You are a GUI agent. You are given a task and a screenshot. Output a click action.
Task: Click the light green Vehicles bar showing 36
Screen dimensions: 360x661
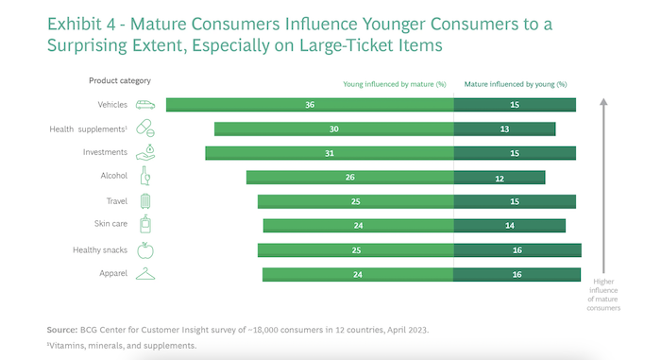[310, 105]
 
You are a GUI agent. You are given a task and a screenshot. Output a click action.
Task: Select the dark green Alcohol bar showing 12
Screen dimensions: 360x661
[500, 177]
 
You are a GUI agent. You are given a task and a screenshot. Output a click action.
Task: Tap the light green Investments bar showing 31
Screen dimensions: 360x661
[330, 152]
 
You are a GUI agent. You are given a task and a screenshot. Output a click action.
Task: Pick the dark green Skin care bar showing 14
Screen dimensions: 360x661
[509, 225]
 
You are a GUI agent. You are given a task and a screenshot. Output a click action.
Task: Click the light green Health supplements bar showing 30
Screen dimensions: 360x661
[333, 129]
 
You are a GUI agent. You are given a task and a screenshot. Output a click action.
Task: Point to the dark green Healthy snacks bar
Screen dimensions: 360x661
[517, 249]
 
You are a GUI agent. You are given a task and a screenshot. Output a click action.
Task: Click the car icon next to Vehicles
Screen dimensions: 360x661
[145, 105]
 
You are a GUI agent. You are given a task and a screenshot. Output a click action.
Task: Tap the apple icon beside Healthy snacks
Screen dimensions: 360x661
[145, 249]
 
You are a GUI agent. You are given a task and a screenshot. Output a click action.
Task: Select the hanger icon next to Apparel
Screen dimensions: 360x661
[145, 274]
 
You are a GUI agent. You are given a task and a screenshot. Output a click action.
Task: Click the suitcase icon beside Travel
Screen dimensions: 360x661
[145, 201]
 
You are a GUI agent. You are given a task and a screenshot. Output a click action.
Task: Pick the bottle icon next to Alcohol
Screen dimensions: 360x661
[145, 177]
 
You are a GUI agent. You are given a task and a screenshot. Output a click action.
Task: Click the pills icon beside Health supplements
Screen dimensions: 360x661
[145, 129]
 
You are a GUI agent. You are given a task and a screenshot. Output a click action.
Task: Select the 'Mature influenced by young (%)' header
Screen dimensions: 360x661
[515, 83]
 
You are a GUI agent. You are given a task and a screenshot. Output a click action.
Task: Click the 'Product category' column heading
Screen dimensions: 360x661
[119, 81]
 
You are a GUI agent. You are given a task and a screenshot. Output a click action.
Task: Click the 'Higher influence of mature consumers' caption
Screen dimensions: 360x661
[604, 293]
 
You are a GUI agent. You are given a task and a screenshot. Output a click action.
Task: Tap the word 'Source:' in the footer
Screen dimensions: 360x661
[62, 330]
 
